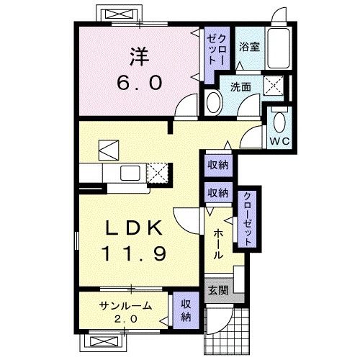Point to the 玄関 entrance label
(218, 291)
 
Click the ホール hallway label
(218, 244)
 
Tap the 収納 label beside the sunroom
(185, 310)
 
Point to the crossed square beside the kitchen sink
(158, 173)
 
